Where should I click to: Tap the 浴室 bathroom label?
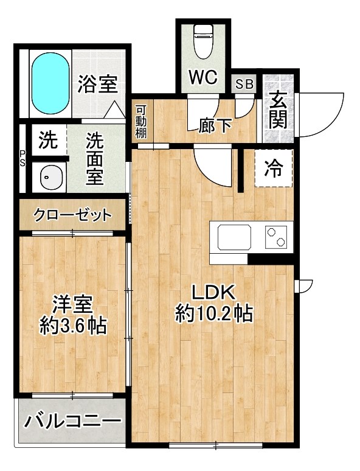[x=97, y=85]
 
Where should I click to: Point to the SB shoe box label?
[x=244, y=85]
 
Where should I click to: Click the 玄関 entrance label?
[x=277, y=110]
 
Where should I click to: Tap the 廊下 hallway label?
[x=216, y=126]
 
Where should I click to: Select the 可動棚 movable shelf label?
[x=141, y=122]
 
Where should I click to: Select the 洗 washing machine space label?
[x=47, y=141]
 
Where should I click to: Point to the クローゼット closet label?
[x=72, y=215]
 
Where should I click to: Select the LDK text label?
[x=214, y=292]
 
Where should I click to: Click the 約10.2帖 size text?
[x=214, y=314]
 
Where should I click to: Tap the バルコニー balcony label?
[x=74, y=420]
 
